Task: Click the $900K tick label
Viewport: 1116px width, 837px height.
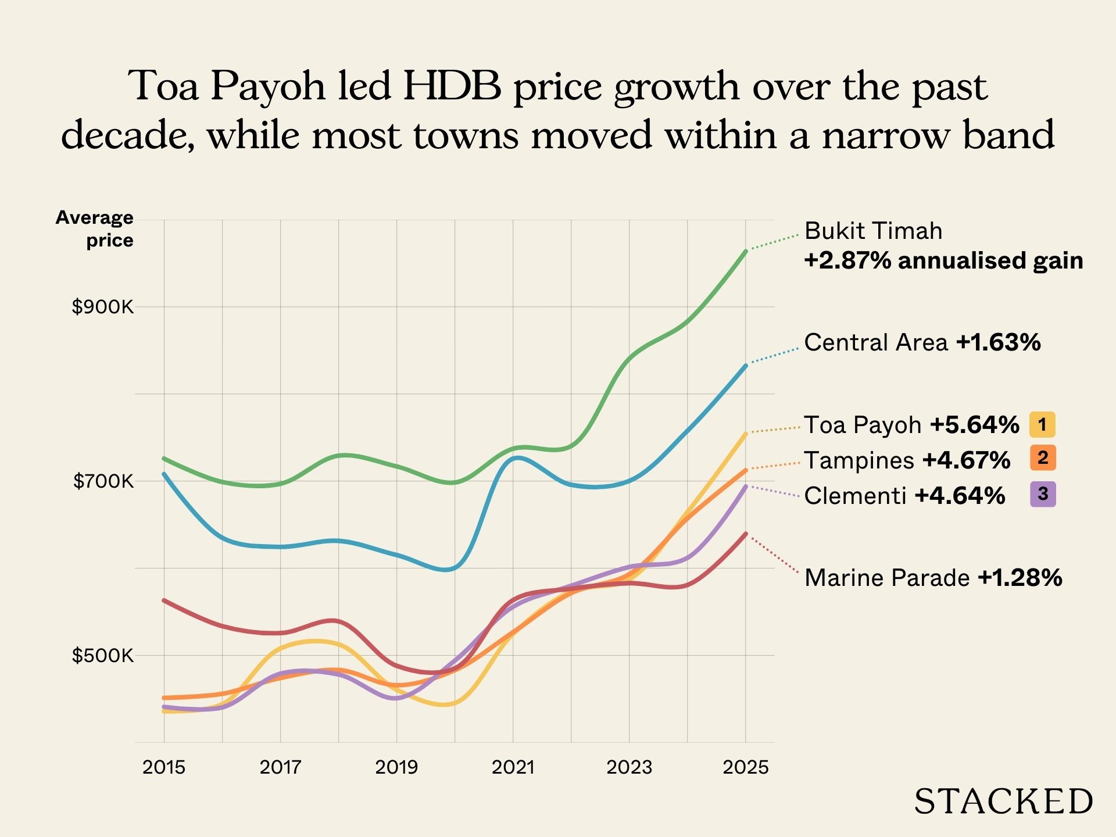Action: pyautogui.click(x=102, y=307)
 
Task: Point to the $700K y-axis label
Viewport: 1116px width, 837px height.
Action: pyautogui.click(x=103, y=481)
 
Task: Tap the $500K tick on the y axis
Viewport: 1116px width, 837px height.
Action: pyautogui.click(x=102, y=656)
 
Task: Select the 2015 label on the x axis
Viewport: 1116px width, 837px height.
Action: pyautogui.click(x=164, y=767)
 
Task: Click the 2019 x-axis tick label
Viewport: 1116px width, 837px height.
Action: pyautogui.click(x=396, y=767)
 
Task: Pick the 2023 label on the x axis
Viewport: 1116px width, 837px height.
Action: pyautogui.click(x=629, y=767)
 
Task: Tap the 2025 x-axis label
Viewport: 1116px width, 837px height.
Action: pyautogui.click(x=745, y=767)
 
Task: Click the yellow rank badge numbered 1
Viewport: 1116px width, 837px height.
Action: pyautogui.click(x=1042, y=424)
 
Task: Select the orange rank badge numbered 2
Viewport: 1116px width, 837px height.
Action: pyautogui.click(x=1042, y=458)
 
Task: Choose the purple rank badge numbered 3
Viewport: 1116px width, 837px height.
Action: pyautogui.click(x=1042, y=494)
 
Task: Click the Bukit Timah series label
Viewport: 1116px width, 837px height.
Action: pyautogui.click(x=873, y=231)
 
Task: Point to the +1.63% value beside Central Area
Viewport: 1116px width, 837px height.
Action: pyautogui.click(x=998, y=342)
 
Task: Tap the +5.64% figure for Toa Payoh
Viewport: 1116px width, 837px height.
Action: pyautogui.click(x=975, y=425)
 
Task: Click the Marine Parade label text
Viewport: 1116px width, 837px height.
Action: pyautogui.click(x=887, y=578)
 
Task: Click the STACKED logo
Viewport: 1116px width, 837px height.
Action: pyautogui.click(x=1003, y=802)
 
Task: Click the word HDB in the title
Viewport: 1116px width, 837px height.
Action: pyautogui.click(x=452, y=86)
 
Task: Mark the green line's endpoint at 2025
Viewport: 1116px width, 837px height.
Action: pyautogui.click(x=746, y=251)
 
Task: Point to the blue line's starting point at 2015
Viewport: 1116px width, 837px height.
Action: pyautogui.click(x=164, y=474)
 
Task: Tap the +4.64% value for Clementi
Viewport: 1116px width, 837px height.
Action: pyautogui.click(x=960, y=496)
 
